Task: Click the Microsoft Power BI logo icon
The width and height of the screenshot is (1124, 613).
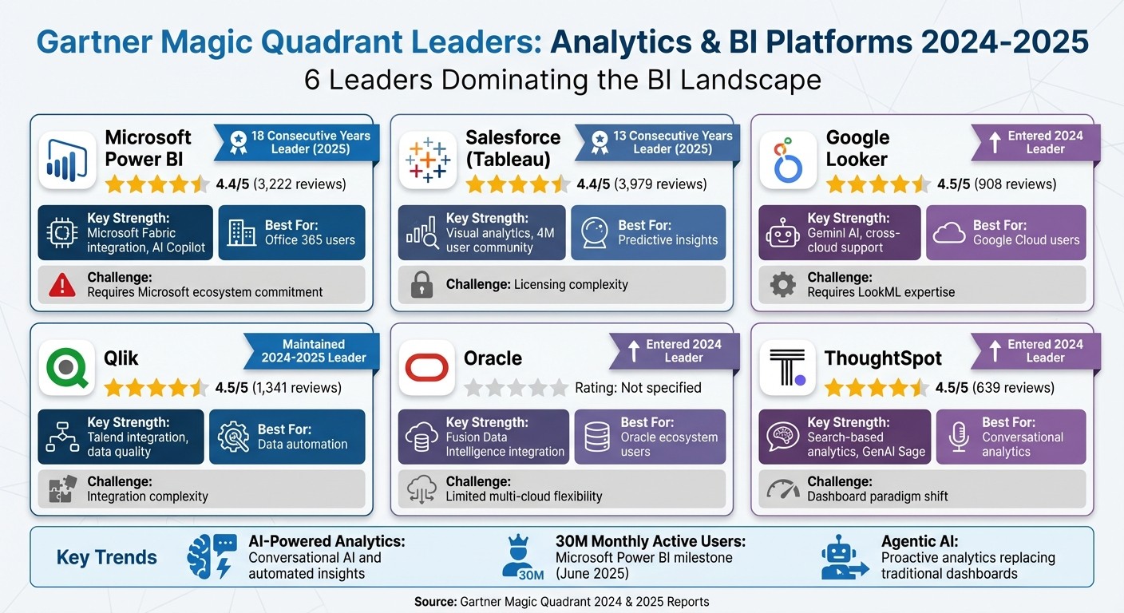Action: pos(67,160)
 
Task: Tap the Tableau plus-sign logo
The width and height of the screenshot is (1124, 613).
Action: pos(428,160)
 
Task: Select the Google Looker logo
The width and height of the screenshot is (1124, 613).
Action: pos(788,160)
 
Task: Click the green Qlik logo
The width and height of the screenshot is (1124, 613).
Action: pos(67,368)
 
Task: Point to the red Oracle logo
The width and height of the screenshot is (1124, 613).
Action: pos(428,368)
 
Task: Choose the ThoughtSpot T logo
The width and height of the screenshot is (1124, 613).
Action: pos(788,368)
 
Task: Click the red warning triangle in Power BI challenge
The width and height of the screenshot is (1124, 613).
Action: pos(62,285)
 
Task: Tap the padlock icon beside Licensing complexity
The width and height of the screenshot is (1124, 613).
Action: pos(421,285)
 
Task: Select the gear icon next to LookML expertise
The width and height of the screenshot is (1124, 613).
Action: pos(782,285)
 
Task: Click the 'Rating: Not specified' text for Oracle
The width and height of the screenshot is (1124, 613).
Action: pos(638,388)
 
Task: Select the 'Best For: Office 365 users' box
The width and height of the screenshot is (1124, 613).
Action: pos(291,232)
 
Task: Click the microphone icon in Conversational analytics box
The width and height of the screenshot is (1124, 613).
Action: pos(958,437)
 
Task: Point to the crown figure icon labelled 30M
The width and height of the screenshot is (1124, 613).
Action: pos(524,556)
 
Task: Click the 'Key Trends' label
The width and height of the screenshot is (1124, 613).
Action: pos(107,557)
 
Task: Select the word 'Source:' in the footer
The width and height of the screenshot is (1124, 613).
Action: pos(436,601)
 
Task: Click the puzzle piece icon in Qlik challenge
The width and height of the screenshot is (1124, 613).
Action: pos(62,488)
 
